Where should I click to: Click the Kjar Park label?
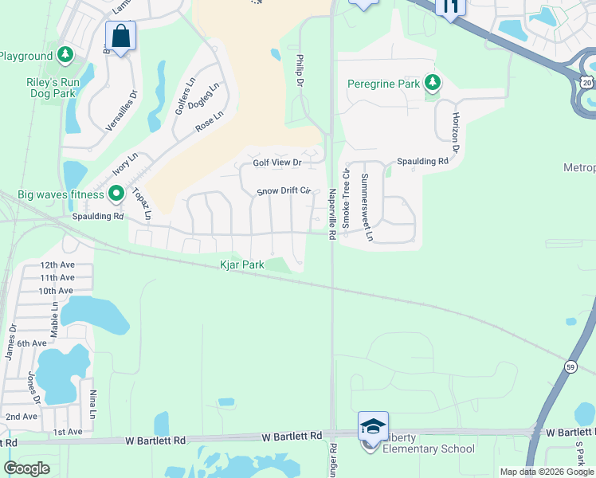click(242, 264)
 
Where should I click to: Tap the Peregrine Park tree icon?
click(433, 83)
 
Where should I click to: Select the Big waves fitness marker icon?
click(116, 194)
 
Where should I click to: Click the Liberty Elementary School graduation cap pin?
click(373, 426)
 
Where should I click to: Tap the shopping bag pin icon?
click(120, 36)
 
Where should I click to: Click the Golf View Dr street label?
click(277, 163)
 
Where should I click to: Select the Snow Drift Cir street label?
click(283, 191)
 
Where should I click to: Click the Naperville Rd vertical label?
click(331, 212)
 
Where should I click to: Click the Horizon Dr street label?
click(456, 131)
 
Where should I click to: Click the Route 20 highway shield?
click(586, 82)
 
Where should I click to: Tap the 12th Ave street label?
click(57, 264)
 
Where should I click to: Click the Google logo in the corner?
click(26, 468)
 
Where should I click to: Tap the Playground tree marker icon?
click(65, 56)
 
